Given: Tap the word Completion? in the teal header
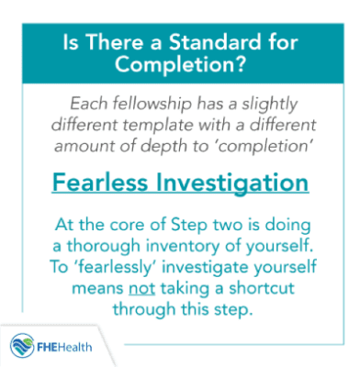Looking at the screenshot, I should pyautogui.click(x=181, y=65).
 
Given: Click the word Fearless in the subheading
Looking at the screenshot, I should pyautogui.click(x=106, y=183).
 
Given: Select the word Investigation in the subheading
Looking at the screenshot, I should pyautogui.click(x=235, y=183).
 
